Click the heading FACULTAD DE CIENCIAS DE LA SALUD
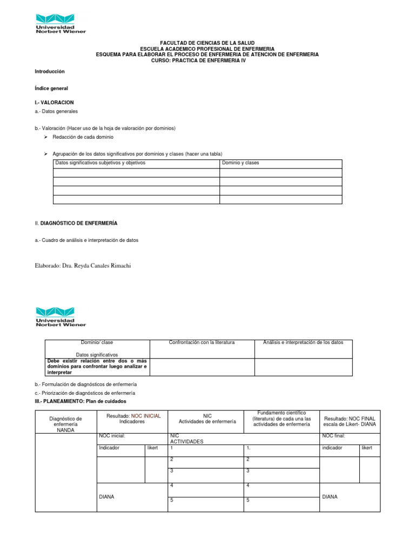[207, 43]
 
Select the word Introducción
[50, 71]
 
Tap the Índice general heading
[51, 88]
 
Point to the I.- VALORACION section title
[54, 102]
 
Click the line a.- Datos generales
[56, 111]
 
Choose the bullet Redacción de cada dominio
[83, 137]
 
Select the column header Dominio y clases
[240, 163]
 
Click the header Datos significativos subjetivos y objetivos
[101, 163]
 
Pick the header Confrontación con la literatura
[202, 342]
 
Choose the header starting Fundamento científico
[282, 419]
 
